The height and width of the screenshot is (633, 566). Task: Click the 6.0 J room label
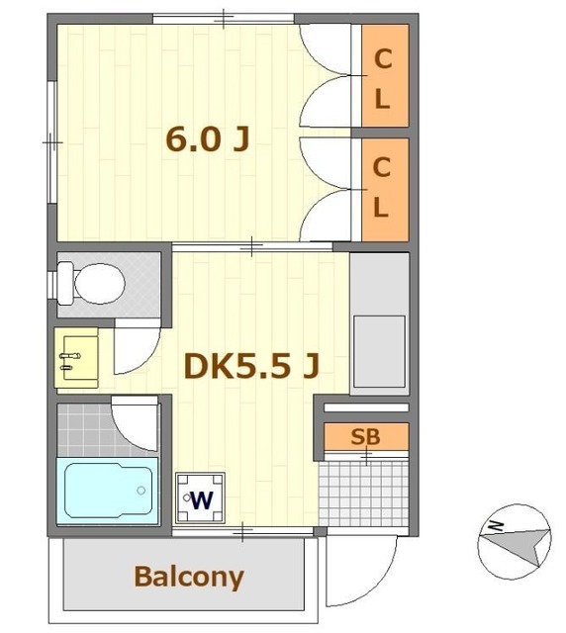(x=207, y=139)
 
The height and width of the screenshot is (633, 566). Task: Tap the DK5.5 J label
(x=251, y=366)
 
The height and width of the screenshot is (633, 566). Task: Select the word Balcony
(x=189, y=578)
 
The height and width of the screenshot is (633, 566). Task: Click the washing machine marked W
(x=201, y=497)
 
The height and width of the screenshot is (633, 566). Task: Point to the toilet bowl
(x=99, y=284)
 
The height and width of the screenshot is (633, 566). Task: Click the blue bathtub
(x=108, y=491)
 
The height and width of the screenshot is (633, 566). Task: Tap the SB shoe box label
(x=366, y=436)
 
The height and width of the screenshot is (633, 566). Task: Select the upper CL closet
(x=385, y=75)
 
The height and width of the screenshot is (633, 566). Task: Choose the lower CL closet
(x=385, y=190)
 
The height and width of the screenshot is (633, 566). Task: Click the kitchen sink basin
(x=379, y=351)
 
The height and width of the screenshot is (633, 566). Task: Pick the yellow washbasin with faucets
(x=77, y=358)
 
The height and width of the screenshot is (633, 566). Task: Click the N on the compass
(x=496, y=525)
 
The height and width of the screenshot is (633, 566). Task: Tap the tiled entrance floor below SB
(x=363, y=494)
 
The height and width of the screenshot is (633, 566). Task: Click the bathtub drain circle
(x=141, y=491)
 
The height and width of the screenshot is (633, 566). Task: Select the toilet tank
(x=65, y=283)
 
